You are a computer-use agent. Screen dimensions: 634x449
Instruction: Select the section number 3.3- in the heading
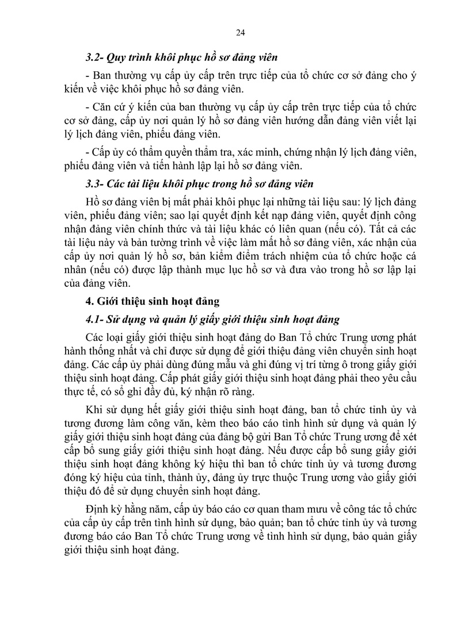[94, 185]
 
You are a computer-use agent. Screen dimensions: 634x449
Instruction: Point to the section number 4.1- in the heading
[94, 319]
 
